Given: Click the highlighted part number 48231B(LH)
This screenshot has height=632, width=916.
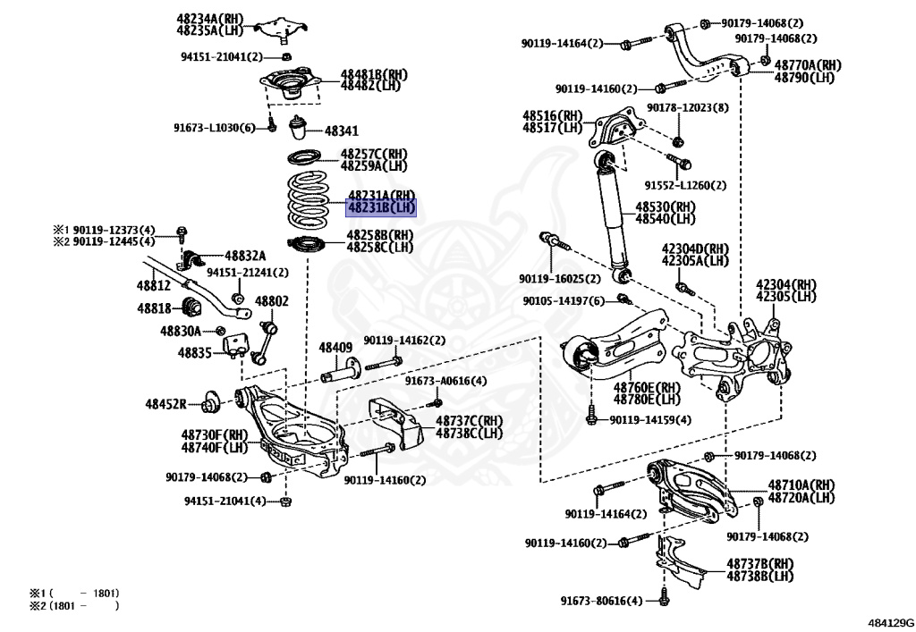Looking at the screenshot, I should coord(381,207).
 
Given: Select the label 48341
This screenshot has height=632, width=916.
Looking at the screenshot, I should coord(341,131).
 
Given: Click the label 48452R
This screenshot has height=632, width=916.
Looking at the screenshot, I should coord(165,404).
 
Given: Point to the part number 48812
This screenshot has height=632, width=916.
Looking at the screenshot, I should coord(153,286).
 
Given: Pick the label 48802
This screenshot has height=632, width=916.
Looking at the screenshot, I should coord(272,302).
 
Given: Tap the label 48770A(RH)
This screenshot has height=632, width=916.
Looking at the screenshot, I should coord(808,65).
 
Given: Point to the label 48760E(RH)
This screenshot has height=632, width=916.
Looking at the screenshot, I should coord(647,387).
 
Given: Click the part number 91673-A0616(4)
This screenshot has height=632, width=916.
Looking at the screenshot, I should coord(445,381).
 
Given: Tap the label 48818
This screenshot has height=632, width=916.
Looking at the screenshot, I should coord(153,308).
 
